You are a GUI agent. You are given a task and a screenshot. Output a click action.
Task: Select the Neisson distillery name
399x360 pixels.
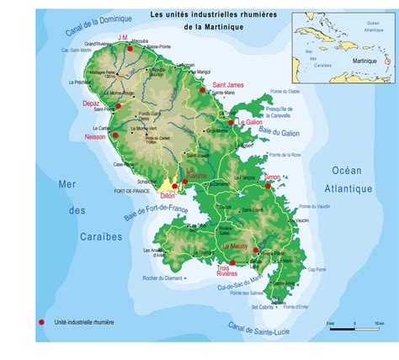(x=97, y=135)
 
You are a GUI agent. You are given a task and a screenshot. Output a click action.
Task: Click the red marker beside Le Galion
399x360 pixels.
(x=231, y=122)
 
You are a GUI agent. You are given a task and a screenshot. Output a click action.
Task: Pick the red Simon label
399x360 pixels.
(x=272, y=177)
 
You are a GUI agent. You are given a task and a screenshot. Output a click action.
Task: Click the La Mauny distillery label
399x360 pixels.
(x=235, y=246)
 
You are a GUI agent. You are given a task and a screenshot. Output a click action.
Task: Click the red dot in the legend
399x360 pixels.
(x=40, y=321)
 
